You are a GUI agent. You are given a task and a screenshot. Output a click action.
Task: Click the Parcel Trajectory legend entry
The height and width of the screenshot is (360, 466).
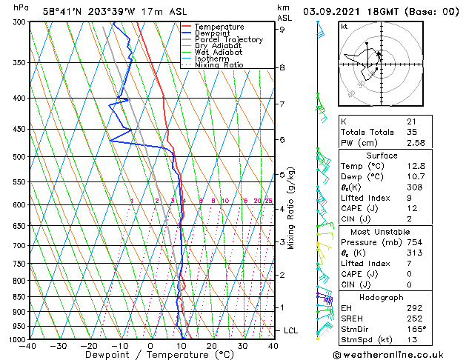point(228,39)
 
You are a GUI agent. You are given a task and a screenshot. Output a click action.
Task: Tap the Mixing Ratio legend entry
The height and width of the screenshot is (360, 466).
point(219,65)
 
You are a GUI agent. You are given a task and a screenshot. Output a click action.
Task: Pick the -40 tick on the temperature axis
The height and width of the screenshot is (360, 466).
point(29,346)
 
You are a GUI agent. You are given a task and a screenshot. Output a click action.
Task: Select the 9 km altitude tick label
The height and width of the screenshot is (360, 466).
point(282,30)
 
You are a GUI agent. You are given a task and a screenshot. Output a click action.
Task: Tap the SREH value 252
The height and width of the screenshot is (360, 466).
point(413,319)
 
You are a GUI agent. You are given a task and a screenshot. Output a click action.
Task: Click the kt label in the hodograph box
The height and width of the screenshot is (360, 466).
point(344,26)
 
